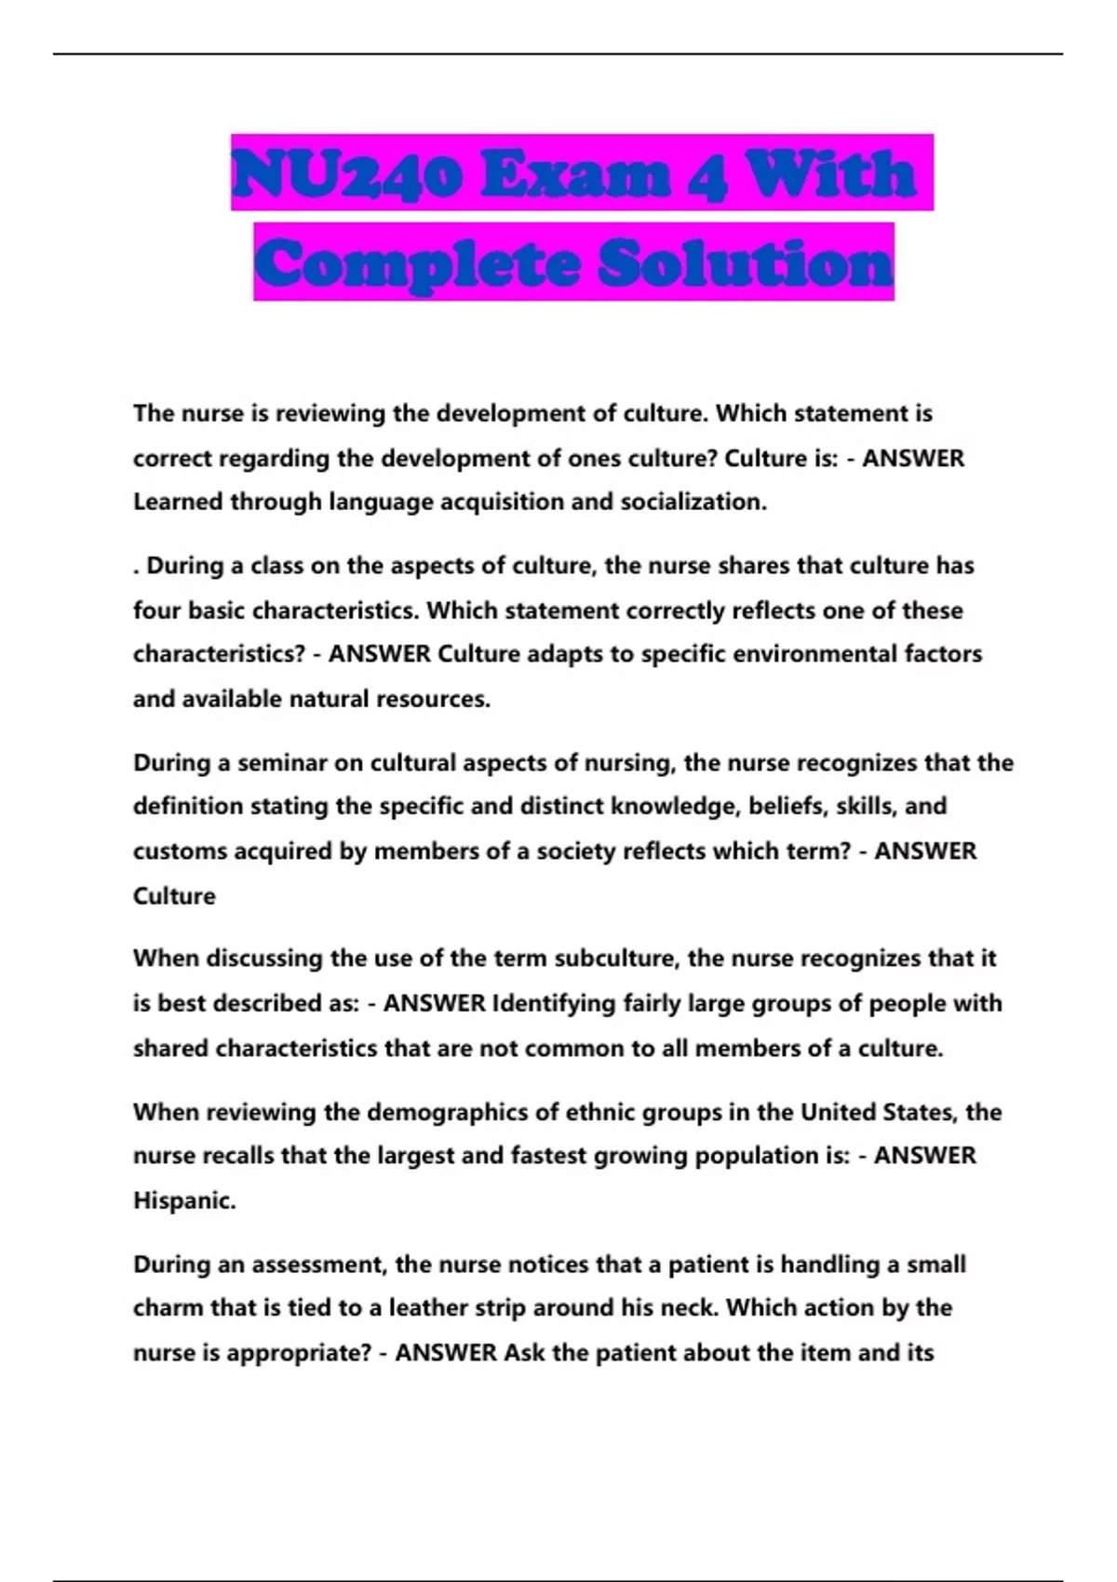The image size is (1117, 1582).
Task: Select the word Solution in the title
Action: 746,263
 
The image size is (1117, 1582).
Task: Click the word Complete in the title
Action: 418,263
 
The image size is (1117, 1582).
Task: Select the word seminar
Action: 282,763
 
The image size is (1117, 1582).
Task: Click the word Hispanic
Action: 184,1200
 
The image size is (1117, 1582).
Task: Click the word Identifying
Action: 553,1003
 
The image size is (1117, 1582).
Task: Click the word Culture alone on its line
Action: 174,896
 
